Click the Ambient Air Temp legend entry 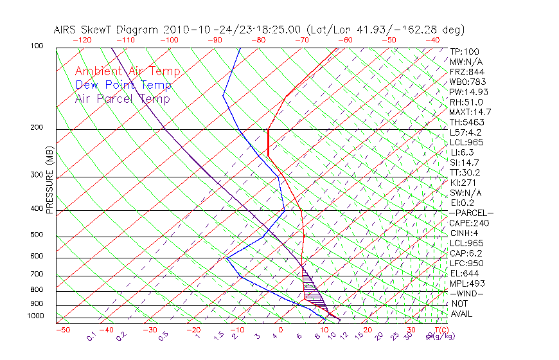point(127,71)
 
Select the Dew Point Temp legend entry point(123,85)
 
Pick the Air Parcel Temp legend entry point(122,98)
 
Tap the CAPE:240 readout point(469,223)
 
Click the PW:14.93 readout point(469,92)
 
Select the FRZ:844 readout point(467,72)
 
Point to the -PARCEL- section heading point(471,213)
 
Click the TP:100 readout point(465,51)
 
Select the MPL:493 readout point(467,283)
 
